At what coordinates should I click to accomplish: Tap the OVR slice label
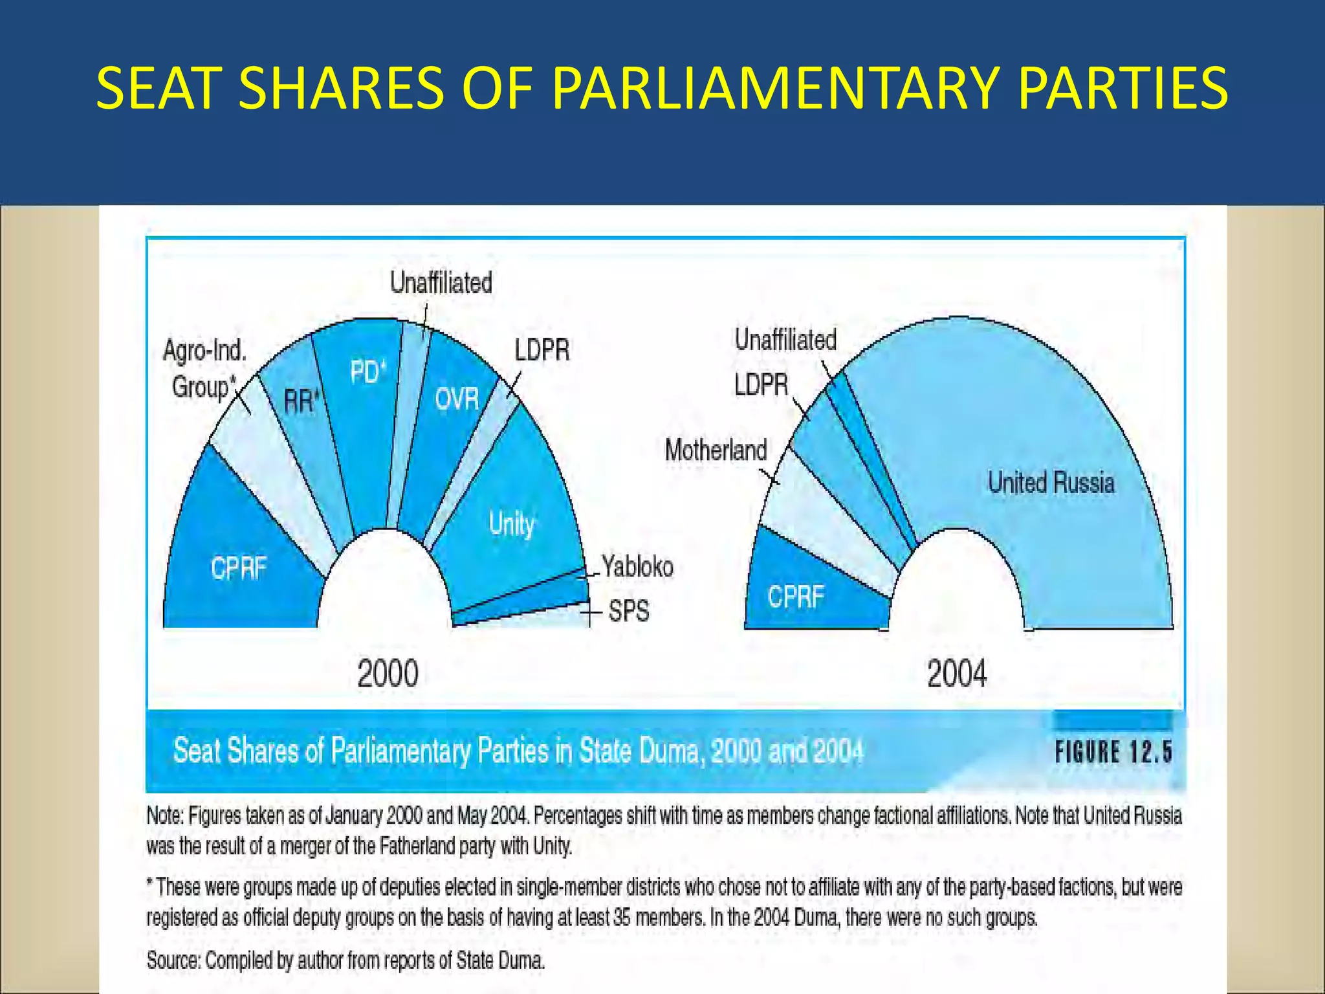[457, 399]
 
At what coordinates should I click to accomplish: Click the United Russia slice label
[1051, 483]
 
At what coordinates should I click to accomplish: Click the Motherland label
[716, 450]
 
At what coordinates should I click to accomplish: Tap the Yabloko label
[637, 566]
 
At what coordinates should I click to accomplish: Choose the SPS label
[629, 610]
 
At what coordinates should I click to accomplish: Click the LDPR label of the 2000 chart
[542, 350]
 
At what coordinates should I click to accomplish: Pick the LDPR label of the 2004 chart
[761, 384]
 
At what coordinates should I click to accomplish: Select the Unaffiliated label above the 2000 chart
[441, 283]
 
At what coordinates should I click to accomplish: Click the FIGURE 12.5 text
[1113, 752]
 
